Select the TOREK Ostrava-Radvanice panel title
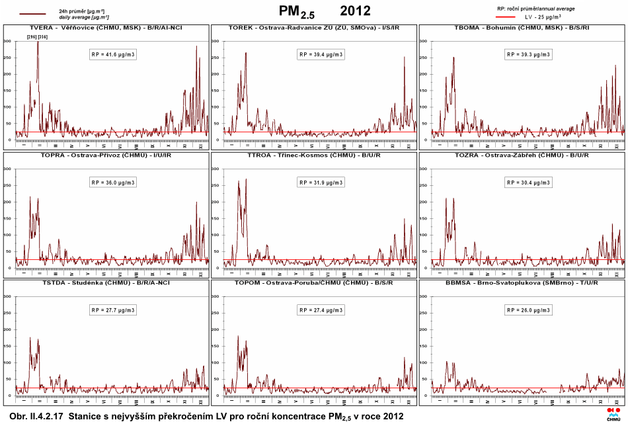click(313, 28)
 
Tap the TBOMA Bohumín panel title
click(522, 28)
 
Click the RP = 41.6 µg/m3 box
click(113, 54)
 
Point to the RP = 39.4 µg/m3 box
click(321, 54)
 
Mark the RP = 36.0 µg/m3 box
click(113, 182)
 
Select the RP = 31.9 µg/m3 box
click(321, 182)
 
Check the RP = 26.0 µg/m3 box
click(530, 310)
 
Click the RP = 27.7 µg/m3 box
click(113, 310)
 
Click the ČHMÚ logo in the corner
click(613, 413)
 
